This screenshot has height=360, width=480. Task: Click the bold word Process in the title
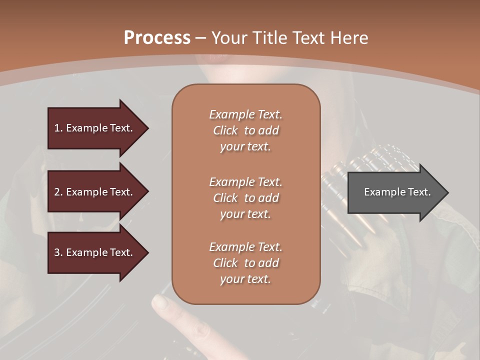157,38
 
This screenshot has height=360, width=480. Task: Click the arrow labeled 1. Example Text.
95,128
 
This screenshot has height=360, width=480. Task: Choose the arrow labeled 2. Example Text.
95,192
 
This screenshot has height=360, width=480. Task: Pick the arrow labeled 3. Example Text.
95,252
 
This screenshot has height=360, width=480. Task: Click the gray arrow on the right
395,192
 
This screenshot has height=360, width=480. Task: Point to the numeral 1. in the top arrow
58,128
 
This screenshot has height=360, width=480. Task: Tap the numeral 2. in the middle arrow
58,192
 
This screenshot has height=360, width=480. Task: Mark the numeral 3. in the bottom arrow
58,252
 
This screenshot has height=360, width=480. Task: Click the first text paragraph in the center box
245,130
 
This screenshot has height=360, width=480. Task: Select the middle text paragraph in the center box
245,198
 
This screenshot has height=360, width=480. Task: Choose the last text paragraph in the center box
245,263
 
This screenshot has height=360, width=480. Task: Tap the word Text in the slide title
308,38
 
